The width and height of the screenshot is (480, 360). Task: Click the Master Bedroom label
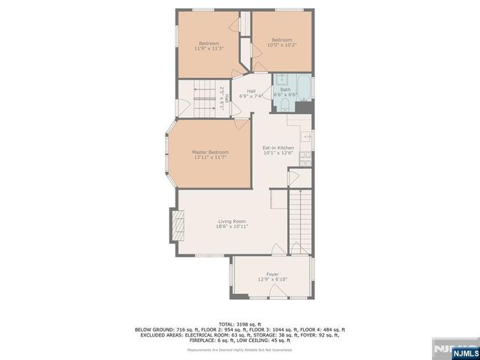coord(210,152)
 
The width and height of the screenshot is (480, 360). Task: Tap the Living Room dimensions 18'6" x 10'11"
coord(232,226)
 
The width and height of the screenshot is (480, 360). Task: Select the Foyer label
coord(272,274)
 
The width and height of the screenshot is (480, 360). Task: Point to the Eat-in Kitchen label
coord(277,147)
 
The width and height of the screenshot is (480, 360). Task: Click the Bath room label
coord(286,89)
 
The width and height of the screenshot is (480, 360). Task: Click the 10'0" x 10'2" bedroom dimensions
coord(281,45)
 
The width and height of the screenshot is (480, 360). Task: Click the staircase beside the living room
coord(300,217)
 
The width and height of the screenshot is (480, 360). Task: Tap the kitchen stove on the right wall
coord(305,157)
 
